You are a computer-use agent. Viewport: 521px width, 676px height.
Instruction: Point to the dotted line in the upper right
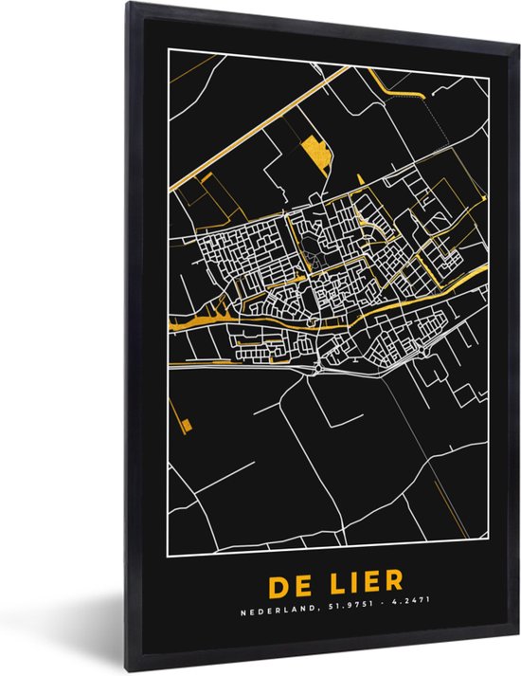pyautogui.click(x=445, y=133)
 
